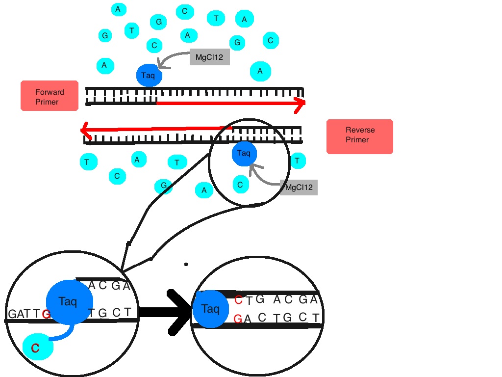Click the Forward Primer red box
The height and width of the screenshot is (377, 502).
[x=50, y=96]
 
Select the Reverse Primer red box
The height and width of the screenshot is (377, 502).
[x=360, y=136]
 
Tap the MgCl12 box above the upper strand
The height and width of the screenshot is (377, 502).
[x=209, y=57]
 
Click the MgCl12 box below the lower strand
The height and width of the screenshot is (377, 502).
[x=299, y=187]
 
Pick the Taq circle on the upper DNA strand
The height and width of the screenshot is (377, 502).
[x=148, y=76]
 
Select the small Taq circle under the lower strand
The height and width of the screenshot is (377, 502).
[x=244, y=153]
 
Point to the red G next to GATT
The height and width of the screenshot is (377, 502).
[x=46, y=314]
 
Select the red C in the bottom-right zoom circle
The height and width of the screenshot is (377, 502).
[x=238, y=300]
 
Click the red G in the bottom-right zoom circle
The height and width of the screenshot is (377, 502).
[x=238, y=319]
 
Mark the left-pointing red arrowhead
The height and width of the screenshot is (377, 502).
[x=86, y=131]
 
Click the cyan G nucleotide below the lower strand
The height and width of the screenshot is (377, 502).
[x=163, y=186]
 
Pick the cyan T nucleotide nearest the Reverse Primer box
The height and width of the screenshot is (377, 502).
[x=298, y=161]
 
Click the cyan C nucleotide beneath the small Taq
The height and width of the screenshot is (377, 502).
[x=240, y=185]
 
